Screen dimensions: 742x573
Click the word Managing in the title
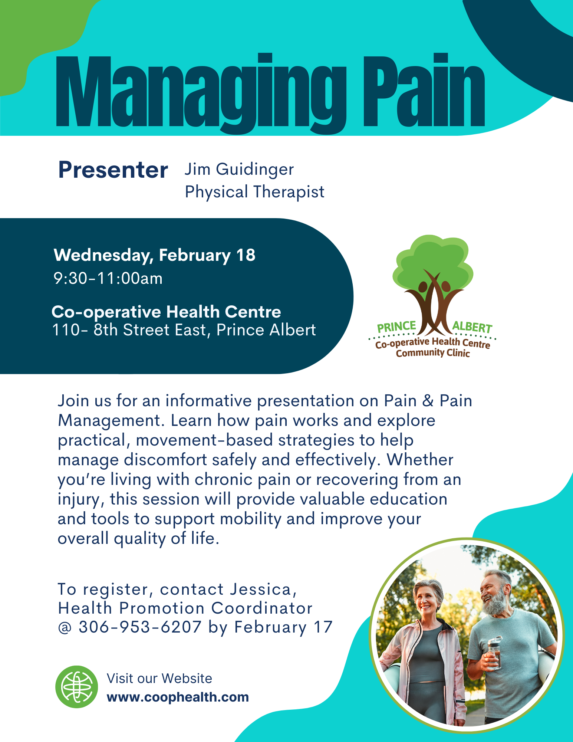(x=200, y=93)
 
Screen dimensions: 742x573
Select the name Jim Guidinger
(x=239, y=169)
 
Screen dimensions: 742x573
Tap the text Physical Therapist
(x=254, y=192)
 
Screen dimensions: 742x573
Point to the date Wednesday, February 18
(x=154, y=255)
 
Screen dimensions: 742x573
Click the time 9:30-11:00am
(x=108, y=278)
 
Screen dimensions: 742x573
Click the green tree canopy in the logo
(x=432, y=260)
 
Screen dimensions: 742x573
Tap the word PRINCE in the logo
(x=396, y=326)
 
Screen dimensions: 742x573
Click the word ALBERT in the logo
(x=472, y=327)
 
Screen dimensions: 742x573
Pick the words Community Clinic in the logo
(x=432, y=352)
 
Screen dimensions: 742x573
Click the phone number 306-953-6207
(x=140, y=627)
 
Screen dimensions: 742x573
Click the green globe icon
(x=77, y=687)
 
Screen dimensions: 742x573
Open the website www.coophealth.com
(x=178, y=697)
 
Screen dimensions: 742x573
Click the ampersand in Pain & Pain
(x=428, y=401)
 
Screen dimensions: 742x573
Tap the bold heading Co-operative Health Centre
(x=166, y=312)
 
